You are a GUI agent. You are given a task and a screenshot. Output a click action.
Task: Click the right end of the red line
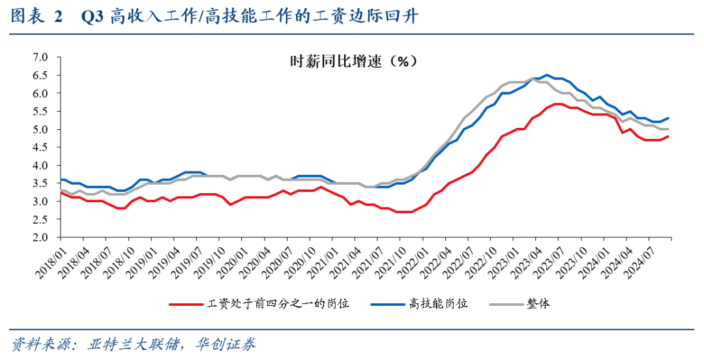click(669, 136)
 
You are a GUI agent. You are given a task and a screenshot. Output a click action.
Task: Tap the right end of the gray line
click(669, 129)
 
